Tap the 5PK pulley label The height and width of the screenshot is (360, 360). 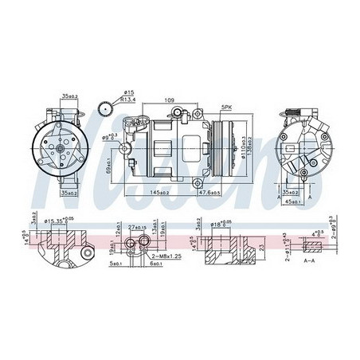click(x=227, y=106)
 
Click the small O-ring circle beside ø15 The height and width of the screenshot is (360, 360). click(x=103, y=111)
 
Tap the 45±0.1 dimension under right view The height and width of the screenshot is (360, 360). click(x=294, y=200)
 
